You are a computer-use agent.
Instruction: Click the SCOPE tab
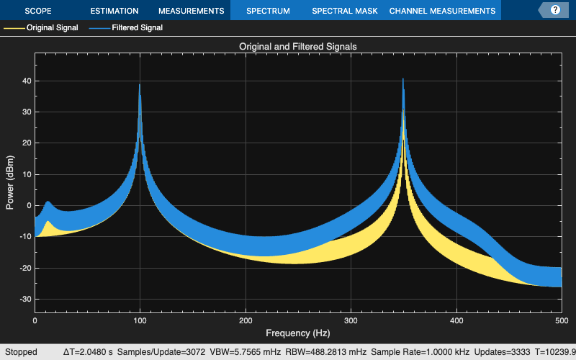point(38,11)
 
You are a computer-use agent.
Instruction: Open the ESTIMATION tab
point(114,11)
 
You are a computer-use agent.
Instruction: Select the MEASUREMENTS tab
point(191,11)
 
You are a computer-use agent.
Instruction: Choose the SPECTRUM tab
point(268,11)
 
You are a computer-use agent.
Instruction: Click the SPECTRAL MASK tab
point(344,11)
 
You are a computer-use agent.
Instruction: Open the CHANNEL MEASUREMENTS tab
point(442,11)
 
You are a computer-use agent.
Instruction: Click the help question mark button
point(555,11)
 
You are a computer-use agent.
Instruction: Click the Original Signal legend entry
point(41,28)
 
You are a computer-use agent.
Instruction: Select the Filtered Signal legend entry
point(137,28)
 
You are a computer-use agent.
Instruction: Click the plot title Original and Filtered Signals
point(298,46)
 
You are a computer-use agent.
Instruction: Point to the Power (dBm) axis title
point(10,183)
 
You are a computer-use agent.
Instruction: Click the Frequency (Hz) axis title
point(298,333)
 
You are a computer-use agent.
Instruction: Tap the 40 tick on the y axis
point(27,81)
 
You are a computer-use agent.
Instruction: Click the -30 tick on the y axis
point(25,299)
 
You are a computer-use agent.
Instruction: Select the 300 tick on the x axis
point(351,320)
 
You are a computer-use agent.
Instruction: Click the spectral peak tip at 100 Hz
point(140,85)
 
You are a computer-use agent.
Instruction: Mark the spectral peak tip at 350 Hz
point(403,78)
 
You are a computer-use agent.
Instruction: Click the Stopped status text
point(20,352)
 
